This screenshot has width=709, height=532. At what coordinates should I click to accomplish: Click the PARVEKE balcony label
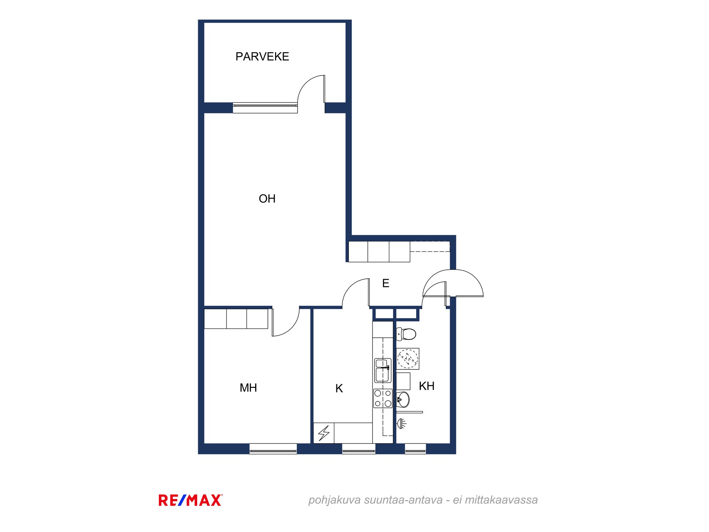[262, 56]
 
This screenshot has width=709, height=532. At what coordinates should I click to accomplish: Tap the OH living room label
[267, 199]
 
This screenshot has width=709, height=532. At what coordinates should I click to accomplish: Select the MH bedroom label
[248, 388]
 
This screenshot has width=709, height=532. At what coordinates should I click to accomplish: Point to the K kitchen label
[339, 388]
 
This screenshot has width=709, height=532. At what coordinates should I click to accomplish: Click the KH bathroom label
[426, 386]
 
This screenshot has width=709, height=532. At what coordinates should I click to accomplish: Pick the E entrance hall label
[386, 283]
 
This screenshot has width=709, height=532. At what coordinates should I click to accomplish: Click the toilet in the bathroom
[406, 334]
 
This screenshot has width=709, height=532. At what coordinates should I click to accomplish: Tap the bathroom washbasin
[403, 400]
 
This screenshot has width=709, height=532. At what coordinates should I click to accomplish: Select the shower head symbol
[401, 423]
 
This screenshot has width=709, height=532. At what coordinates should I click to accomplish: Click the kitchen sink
[383, 370]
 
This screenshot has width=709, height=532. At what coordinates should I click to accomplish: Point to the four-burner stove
[383, 398]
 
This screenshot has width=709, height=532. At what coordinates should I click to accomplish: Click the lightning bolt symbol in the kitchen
[324, 433]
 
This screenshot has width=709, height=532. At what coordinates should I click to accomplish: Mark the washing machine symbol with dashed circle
[408, 359]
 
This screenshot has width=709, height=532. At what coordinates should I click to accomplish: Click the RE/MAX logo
[191, 500]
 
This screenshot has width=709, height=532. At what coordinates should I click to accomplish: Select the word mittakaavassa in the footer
[501, 500]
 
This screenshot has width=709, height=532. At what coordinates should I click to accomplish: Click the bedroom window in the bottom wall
[273, 449]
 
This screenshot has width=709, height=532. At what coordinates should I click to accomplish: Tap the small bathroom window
[415, 449]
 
